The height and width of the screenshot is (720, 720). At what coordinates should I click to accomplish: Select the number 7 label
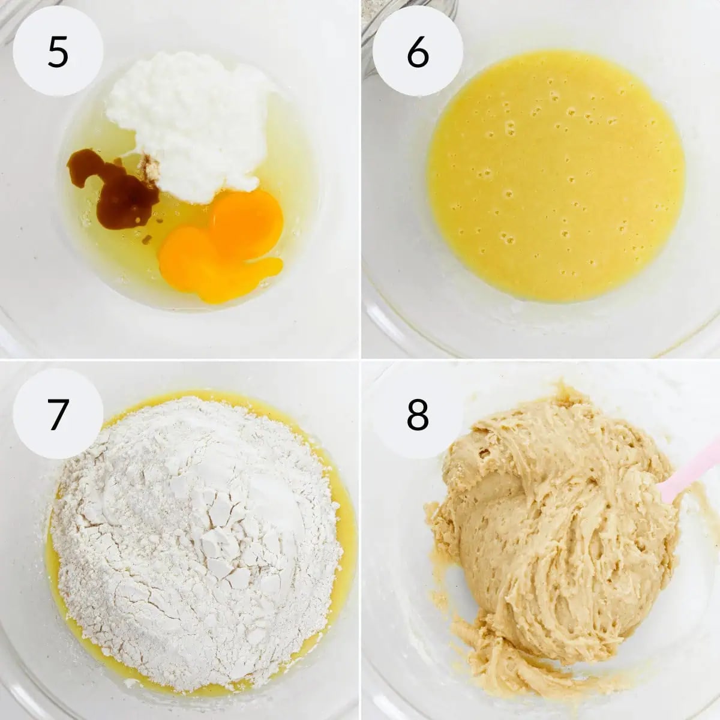58,414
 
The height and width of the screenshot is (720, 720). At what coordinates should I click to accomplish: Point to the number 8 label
418,414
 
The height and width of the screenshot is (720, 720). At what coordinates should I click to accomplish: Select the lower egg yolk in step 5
209,267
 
